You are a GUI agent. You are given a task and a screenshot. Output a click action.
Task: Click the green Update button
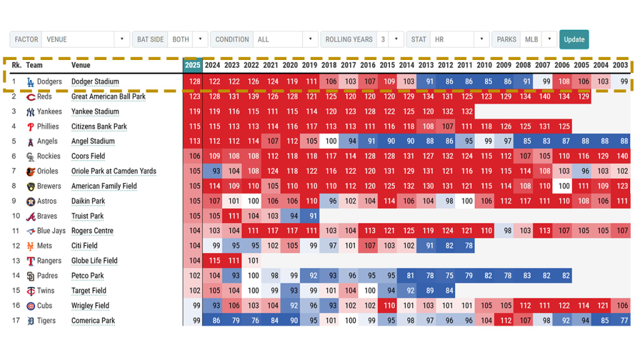click(x=574, y=39)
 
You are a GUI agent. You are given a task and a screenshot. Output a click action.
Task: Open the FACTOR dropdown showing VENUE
click(x=86, y=39)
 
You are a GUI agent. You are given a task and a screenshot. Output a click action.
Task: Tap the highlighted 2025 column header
click(x=192, y=65)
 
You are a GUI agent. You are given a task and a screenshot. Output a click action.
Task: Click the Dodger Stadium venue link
click(x=95, y=82)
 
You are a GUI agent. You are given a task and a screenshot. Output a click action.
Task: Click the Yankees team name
click(x=49, y=112)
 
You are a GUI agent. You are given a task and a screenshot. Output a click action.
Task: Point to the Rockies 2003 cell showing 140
click(x=621, y=156)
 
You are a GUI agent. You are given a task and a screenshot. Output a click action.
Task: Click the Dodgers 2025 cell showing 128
click(x=193, y=82)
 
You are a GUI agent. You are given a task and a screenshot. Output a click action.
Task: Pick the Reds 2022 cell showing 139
click(x=251, y=97)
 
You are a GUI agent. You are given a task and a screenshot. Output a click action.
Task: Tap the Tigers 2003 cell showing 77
click(x=621, y=321)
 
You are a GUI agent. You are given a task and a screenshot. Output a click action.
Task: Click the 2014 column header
click(x=407, y=65)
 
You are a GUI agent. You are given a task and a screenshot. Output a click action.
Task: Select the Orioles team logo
click(x=31, y=171)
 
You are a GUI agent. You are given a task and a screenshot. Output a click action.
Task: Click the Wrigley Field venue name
click(x=90, y=306)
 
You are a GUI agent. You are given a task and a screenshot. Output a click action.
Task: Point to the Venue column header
click(x=81, y=65)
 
